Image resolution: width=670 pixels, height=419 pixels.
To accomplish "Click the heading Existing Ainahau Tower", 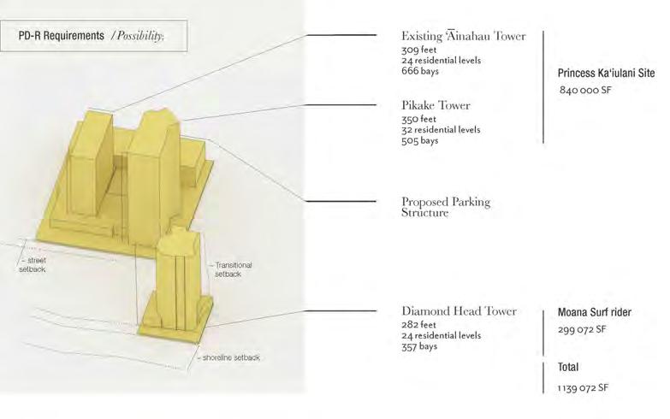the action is point(463,37).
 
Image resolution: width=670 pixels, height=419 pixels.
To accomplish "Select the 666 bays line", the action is point(420,71).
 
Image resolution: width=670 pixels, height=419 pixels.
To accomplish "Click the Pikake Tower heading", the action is point(436,105).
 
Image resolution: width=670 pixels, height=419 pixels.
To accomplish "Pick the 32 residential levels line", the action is point(441,130).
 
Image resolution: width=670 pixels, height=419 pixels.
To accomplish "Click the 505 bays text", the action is point(420,140).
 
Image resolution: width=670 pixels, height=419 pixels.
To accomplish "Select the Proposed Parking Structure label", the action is point(446,207).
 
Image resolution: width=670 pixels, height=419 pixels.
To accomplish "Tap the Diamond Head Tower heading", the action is point(459,311).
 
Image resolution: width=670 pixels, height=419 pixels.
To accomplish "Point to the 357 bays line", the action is point(419,346).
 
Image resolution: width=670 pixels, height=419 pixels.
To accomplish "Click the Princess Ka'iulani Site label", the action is point(606,74).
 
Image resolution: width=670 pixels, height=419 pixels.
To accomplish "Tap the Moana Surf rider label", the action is point(594,313).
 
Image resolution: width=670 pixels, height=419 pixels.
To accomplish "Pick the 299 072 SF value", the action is point(582,329).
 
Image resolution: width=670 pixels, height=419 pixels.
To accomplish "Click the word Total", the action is point(568,367).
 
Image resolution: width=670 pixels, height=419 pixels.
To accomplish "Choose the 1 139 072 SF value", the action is point(584,387).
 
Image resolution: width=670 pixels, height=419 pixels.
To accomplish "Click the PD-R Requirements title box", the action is point(102,37).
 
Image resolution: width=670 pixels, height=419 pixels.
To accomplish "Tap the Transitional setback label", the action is point(233,270).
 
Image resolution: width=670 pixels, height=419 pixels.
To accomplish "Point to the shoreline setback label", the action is point(231,357).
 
